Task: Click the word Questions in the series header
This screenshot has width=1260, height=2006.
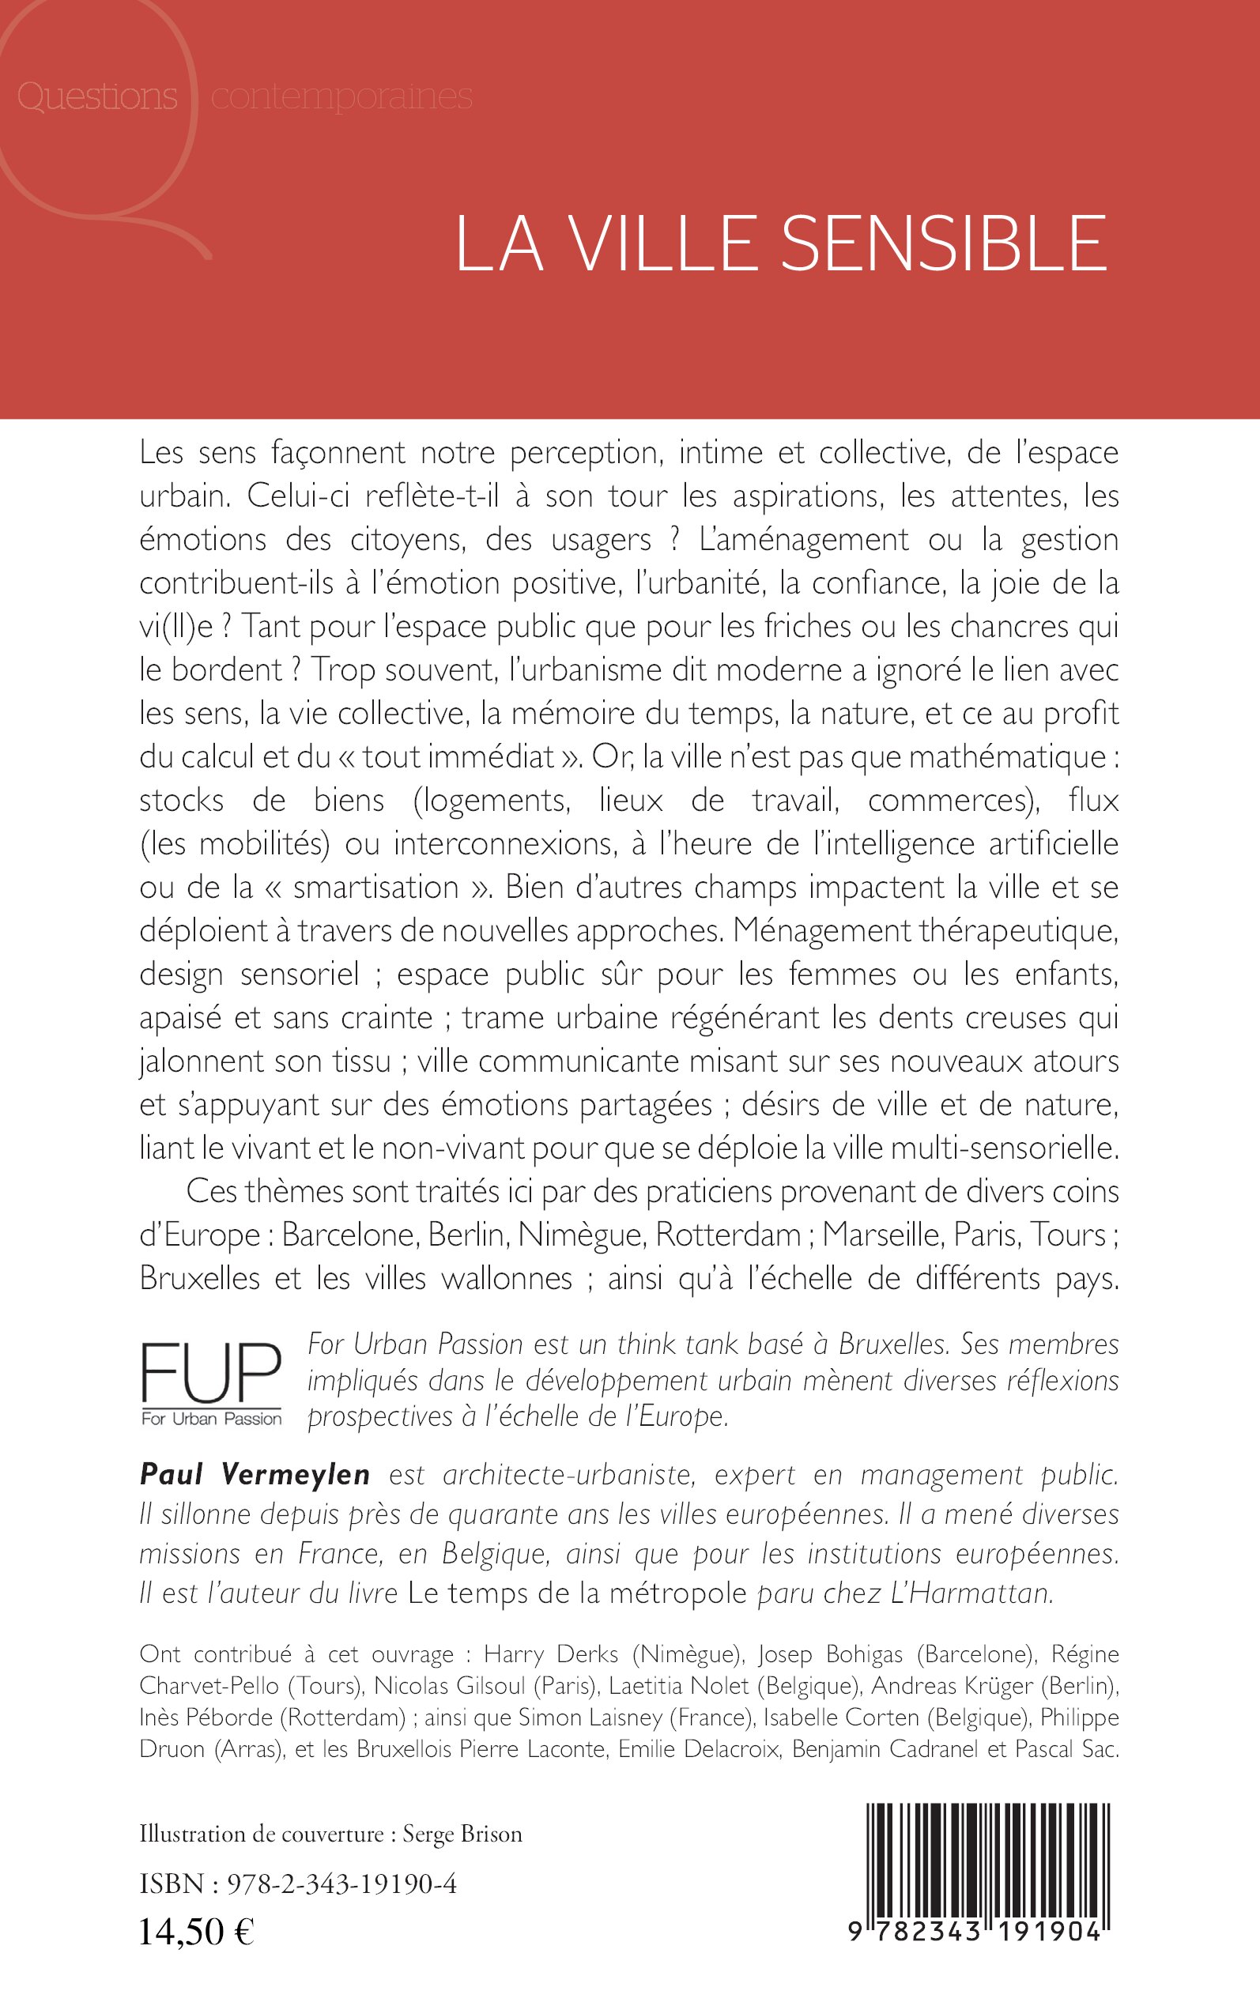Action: [97, 96]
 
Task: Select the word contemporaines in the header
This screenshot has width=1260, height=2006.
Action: [341, 96]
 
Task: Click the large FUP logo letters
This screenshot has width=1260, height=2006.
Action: [211, 1374]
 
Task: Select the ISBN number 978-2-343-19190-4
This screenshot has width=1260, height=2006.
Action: [341, 1883]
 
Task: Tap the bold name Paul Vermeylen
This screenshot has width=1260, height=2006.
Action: [255, 1475]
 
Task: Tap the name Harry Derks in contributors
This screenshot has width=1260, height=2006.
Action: [553, 1653]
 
